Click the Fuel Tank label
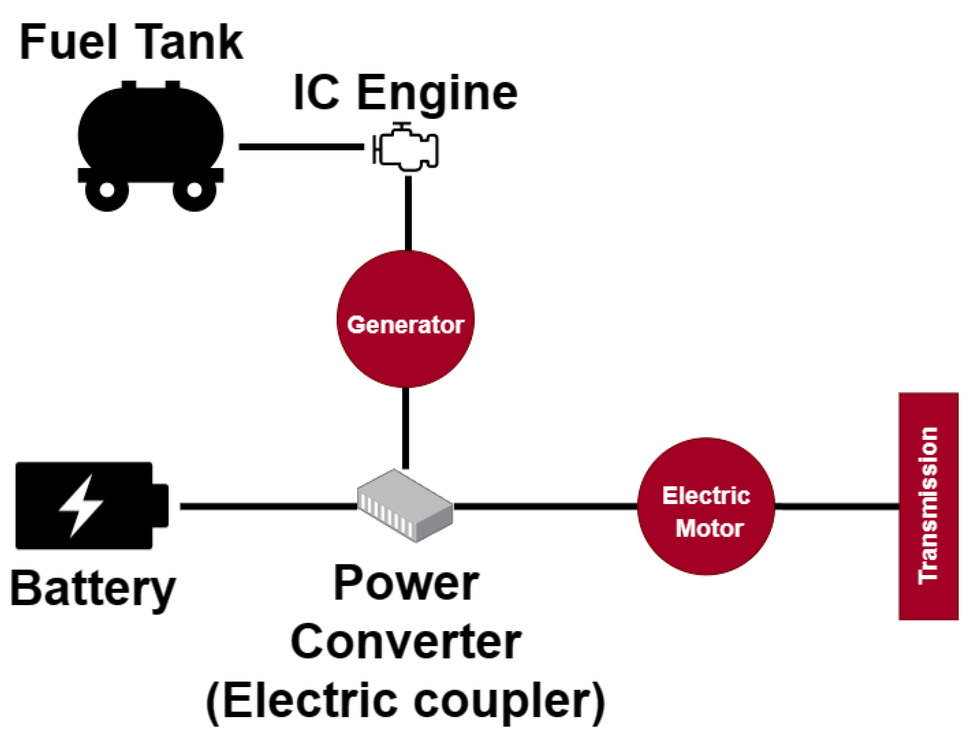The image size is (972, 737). [x=131, y=43]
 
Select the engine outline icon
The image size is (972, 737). [x=405, y=147]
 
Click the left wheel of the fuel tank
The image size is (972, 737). [x=107, y=190]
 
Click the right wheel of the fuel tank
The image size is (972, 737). [x=194, y=190]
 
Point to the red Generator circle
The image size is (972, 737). [x=406, y=319]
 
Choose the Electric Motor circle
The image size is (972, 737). [x=706, y=506]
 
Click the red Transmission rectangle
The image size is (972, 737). [x=928, y=506]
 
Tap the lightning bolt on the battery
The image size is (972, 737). [x=81, y=506]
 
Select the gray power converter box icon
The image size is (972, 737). [x=405, y=505]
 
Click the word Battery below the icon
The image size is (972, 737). [x=93, y=590]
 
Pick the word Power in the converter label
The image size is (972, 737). [x=406, y=583]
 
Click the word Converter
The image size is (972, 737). [x=406, y=642]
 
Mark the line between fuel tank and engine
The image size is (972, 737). [x=301, y=147]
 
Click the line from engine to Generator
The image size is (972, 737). [x=408, y=213]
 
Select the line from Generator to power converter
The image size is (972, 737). [x=406, y=429]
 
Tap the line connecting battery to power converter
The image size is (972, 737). [x=269, y=507]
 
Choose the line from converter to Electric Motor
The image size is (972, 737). [x=546, y=507]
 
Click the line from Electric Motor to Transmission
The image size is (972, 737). [x=837, y=507]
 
